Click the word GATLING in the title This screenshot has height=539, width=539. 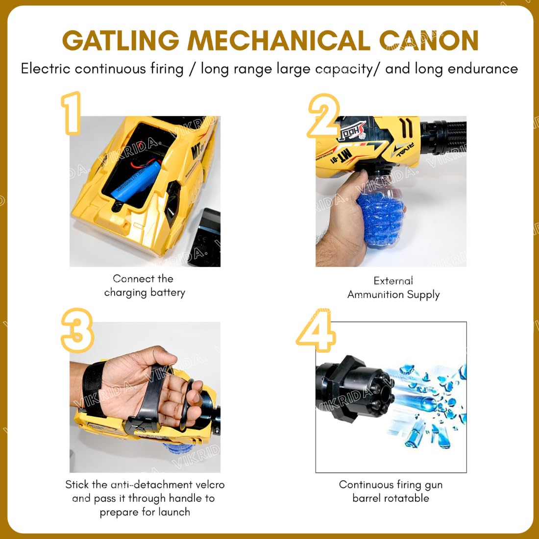click(121, 41)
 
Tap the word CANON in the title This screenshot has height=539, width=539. click(429, 41)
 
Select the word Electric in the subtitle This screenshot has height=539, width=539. click(46, 69)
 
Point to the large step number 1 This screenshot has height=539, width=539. click(71, 113)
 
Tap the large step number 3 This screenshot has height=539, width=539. click(77, 330)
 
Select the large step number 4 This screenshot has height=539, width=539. click(316, 330)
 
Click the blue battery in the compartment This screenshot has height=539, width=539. click(136, 180)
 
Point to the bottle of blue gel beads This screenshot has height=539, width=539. click(380, 210)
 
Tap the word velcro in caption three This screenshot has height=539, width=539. click(210, 485)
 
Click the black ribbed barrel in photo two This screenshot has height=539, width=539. click(443, 137)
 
